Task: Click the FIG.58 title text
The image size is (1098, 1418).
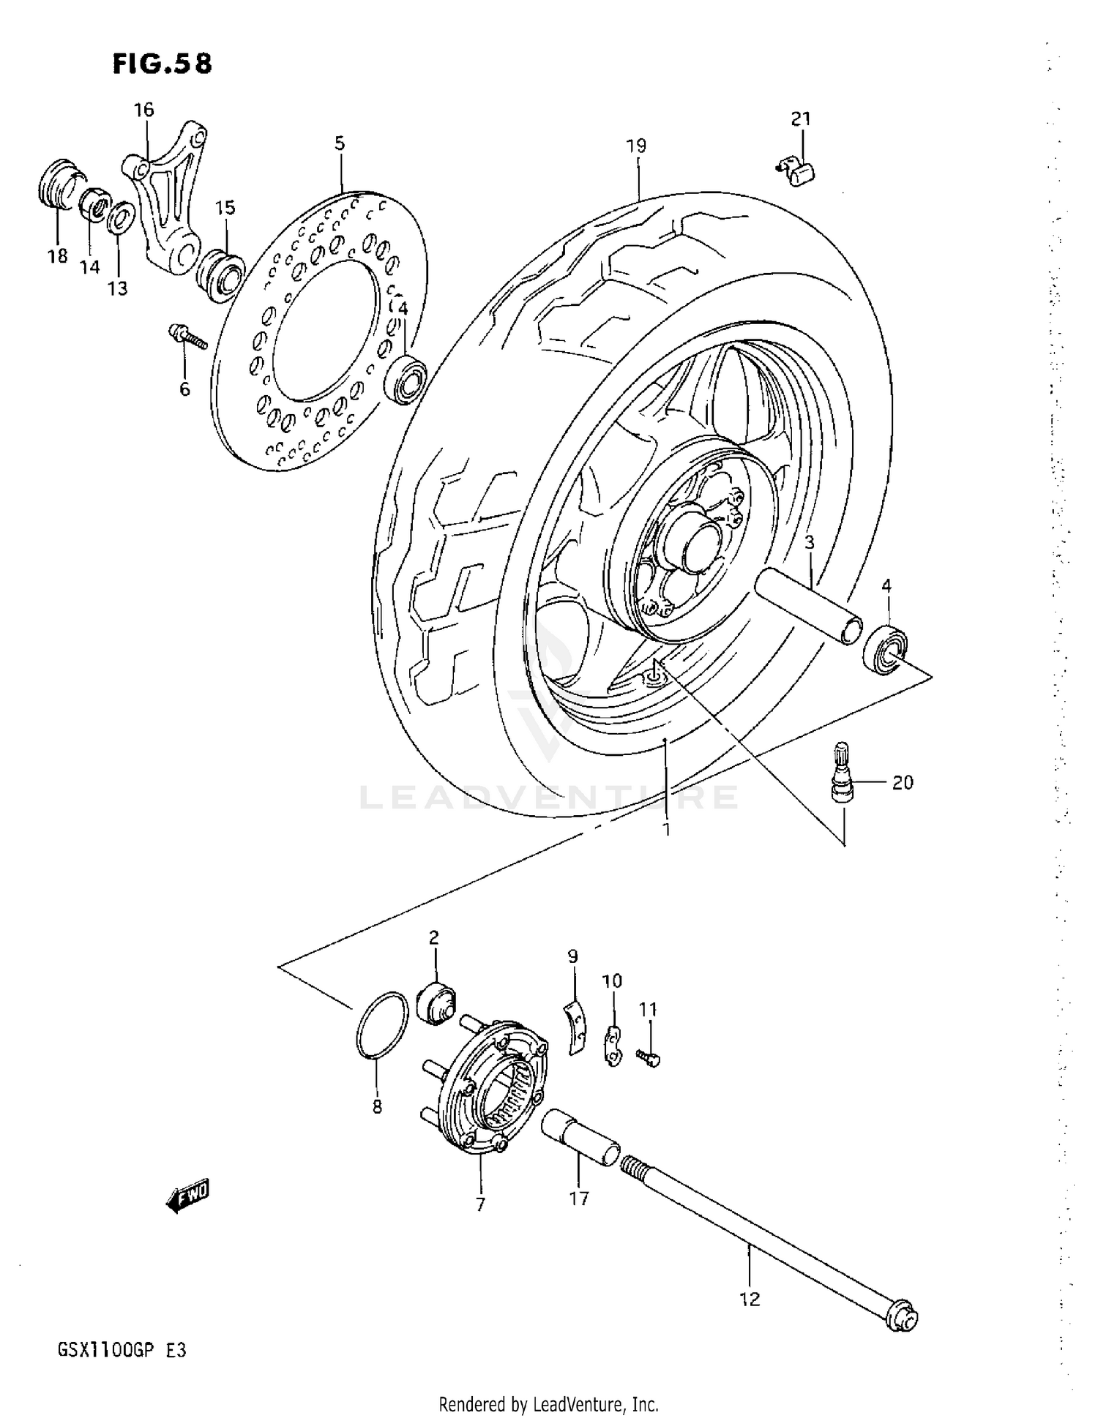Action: (x=162, y=64)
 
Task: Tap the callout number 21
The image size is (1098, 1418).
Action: (x=800, y=118)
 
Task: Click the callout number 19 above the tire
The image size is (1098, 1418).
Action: (x=636, y=146)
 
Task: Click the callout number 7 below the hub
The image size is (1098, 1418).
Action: (x=480, y=1204)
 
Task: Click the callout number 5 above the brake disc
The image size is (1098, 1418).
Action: (x=340, y=143)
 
